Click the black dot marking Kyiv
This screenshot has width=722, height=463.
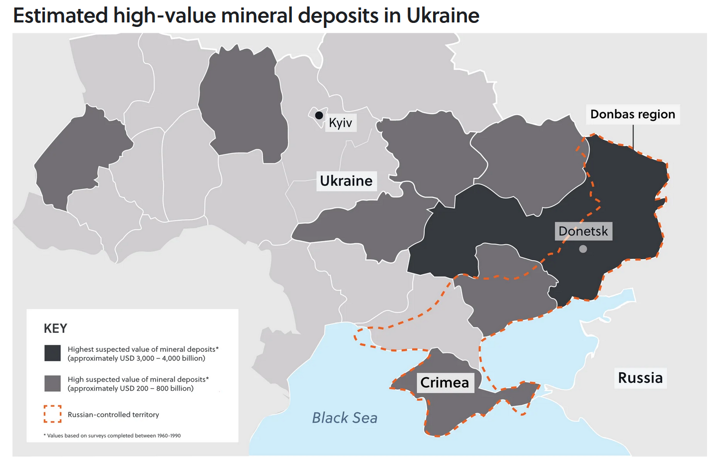click(x=319, y=115)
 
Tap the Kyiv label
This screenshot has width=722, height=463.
click(x=340, y=123)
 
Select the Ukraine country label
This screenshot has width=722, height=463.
click(x=346, y=180)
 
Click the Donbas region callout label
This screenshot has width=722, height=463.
click(x=632, y=114)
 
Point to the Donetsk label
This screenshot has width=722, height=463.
click(x=583, y=231)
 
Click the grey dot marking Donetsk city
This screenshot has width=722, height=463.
click(x=583, y=249)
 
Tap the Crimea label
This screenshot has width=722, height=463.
click(x=444, y=382)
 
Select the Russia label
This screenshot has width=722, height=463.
click(x=640, y=378)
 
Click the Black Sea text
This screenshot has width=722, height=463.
click(x=344, y=418)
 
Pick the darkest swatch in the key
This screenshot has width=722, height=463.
click(x=52, y=353)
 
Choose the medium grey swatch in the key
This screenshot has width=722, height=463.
click(x=52, y=383)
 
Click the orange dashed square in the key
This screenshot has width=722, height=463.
click(x=52, y=414)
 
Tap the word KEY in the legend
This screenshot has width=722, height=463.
click(x=55, y=328)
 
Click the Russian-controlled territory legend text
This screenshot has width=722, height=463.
click(x=113, y=415)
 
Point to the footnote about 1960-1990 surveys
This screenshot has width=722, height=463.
click(x=112, y=436)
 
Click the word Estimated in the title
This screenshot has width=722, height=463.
click(x=60, y=16)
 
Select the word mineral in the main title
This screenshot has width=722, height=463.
click(x=256, y=16)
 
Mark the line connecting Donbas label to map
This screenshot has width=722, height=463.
click(x=633, y=136)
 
